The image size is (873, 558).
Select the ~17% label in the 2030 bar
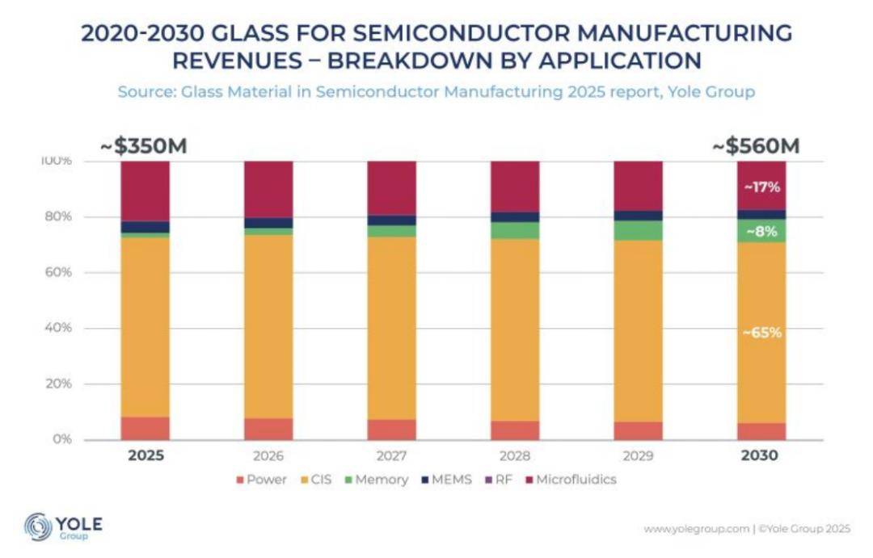point(761,187)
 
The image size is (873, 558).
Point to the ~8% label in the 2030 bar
point(761,231)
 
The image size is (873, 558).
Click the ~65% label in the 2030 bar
point(761,332)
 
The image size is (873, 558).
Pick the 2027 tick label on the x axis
point(392,455)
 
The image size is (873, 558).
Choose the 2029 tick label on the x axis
point(638,455)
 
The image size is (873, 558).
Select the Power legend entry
point(260,480)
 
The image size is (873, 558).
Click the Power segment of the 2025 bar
point(145,429)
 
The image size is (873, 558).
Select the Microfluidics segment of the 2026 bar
point(268,189)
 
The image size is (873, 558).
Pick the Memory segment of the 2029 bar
point(638,231)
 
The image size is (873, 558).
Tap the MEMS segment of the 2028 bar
point(515,217)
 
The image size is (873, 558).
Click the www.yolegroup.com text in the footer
point(696,529)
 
